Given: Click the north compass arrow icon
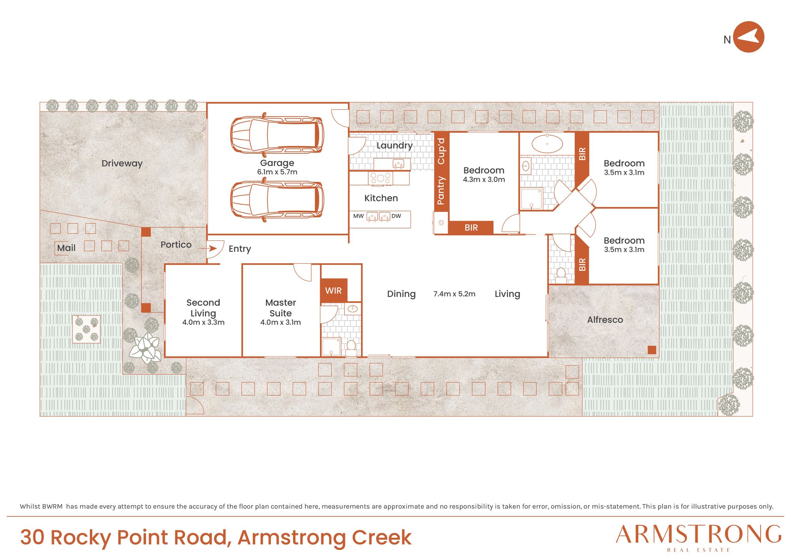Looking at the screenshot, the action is pos(749,37).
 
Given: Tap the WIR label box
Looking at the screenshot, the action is pos(333,291).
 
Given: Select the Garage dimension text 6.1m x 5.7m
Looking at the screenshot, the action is pos(277,172).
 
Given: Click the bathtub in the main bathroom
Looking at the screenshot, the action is pos(547,144).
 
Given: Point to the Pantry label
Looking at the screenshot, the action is pos(441,191).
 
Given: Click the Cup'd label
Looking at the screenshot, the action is pos(441,151).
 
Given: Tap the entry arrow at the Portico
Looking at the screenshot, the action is pos(209,248).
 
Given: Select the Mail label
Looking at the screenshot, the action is pos(66,248).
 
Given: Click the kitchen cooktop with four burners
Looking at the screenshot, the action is pos(380,178).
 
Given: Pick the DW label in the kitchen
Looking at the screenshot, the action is pos(396,216).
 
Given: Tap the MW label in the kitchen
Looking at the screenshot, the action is pos(358,216).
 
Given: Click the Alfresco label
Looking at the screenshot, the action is pos(605,319).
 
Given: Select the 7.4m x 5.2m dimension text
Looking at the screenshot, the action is pos(454,294).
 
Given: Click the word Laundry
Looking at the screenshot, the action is pos(394,145).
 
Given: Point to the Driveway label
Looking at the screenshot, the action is pos(122,163).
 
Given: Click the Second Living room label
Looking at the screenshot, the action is pos(203,308).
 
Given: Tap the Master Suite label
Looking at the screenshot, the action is pos(280,308).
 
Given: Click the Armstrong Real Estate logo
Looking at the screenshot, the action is pos(698,538).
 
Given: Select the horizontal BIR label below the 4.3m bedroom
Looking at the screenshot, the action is pos(471,228).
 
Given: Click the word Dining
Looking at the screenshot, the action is pos(401,294).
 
